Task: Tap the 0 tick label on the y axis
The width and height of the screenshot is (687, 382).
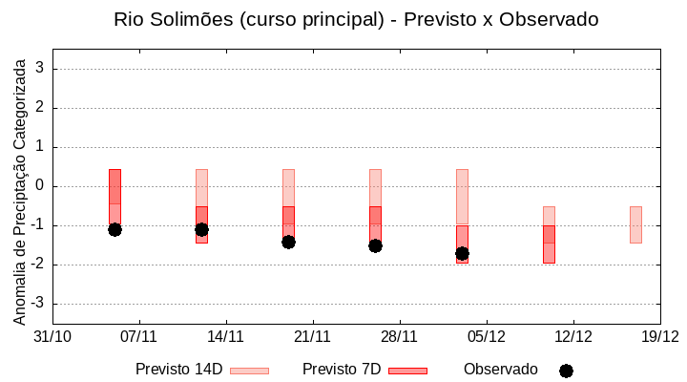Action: coord(41,186)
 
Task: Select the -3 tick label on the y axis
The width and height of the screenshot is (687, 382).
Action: coord(37,304)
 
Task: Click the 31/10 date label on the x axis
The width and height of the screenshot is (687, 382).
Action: coord(52,336)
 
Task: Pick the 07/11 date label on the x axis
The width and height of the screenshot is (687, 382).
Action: coord(139,336)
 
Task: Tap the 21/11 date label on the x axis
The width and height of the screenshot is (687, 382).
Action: coord(312,336)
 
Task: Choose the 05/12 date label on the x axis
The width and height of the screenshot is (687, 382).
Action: coord(486,336)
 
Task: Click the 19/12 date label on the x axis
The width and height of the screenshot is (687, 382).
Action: coord(659,336)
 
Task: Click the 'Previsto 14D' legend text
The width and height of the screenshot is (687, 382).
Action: coord(178,370)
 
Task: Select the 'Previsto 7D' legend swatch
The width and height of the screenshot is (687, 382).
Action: coord(407,371)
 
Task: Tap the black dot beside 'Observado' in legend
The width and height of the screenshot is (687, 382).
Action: coord(566,371)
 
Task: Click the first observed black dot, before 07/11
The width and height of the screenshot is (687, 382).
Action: coord(114,229)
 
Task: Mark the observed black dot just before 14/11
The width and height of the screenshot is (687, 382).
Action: coord(201,229)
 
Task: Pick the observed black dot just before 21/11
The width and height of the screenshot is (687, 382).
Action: coord(288,242)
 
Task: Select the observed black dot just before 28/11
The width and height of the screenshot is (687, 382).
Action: coord(375,245)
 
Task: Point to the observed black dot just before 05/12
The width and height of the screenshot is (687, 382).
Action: coord(462,253)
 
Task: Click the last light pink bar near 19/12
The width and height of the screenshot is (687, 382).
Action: coord(635,224)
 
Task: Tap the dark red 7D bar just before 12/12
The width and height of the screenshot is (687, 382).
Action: coord(549,244)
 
